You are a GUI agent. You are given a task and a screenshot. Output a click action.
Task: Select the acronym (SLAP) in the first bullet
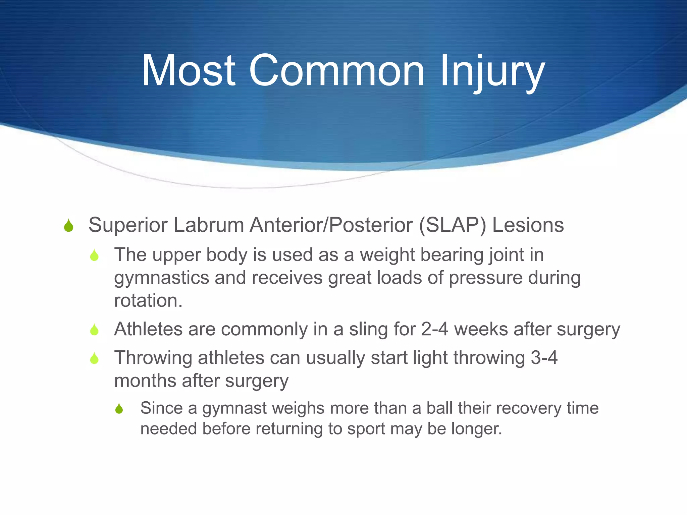(452, 225)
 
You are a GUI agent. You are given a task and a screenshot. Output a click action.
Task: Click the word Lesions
(528, 225)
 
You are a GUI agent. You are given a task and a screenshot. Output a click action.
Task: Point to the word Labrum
(209, 225)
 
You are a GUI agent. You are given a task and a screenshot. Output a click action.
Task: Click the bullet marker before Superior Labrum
(68, 226)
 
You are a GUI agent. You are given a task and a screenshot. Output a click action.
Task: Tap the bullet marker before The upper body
(94, 255)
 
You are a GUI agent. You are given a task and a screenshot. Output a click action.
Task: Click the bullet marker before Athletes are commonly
(94, 330)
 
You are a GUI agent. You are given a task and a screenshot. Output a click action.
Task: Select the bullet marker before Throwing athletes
(94, 358)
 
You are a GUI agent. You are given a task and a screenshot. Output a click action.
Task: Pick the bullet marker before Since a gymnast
(119, 409)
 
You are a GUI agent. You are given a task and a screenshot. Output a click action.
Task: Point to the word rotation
(148, 301)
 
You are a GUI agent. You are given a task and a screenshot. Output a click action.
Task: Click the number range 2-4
(434, 329)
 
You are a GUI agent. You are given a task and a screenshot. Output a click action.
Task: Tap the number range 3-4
(544, 358)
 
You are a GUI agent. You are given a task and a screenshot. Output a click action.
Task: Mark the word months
(145, 381)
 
